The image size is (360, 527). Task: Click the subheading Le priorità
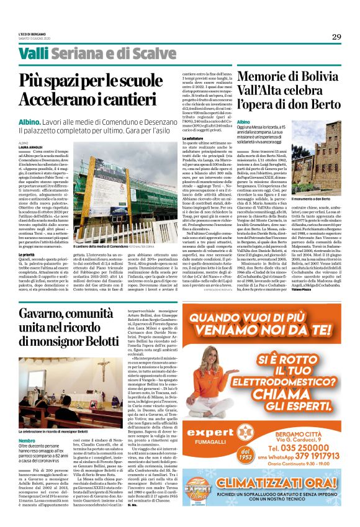[29, 236]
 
